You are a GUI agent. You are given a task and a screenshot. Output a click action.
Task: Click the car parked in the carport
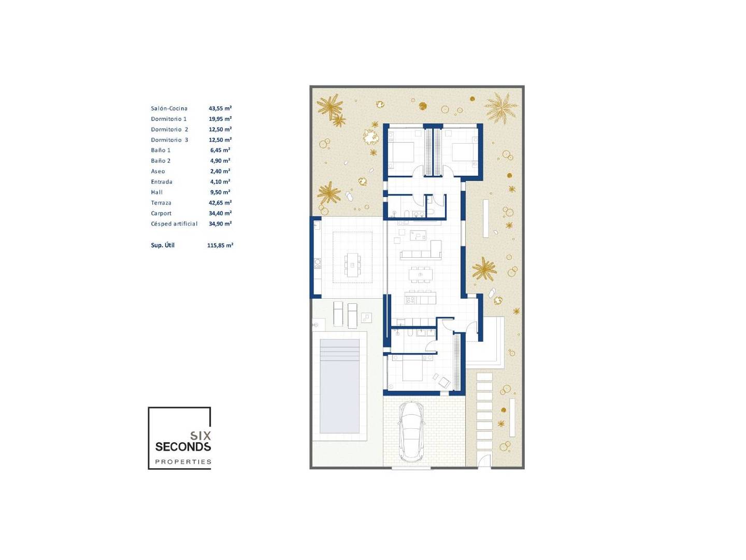coord(411,431)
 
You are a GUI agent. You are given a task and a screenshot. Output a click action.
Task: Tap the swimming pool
coord(339,386)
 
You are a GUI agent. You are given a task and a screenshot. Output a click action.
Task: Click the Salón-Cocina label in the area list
coord(169,108)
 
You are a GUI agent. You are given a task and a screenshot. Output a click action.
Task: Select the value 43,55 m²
coord(220,108)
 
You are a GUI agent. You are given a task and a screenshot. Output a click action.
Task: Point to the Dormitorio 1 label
coord(168,119)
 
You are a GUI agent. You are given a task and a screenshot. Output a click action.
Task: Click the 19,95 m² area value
coord(220,119)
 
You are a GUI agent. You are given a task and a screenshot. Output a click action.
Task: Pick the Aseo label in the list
coord(157,171)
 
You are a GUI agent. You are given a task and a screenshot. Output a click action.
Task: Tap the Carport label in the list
coord(161,213)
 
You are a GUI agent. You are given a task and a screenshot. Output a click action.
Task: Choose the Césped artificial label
coord(174,223)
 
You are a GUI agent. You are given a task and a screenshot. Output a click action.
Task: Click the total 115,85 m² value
coord(220,245)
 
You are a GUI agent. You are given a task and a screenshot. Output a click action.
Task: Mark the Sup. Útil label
coord(163,245)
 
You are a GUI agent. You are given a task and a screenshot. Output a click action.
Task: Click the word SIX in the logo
coord(200,436)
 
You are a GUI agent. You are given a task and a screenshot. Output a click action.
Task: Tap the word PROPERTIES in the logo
coord(183,461)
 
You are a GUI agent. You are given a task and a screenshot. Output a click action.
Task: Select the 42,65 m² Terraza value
coord(220,203)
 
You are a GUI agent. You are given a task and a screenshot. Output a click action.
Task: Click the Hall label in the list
coord(156,192)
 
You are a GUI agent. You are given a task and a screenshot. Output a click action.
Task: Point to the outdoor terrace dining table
coord(352,265)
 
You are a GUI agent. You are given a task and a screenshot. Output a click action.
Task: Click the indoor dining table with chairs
coord(421,274)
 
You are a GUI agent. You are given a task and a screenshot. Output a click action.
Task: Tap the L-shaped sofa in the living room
coord(421,250)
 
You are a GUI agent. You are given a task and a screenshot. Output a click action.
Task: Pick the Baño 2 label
coord(161,161)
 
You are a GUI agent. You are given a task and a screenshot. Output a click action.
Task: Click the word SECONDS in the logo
coord(183,447)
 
